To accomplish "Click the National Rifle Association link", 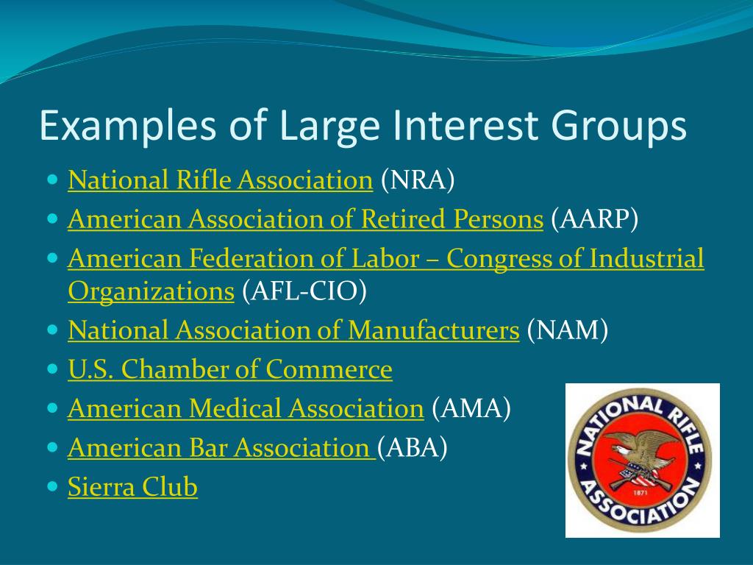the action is coord(221,180).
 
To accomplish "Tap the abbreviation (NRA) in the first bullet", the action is coord(418,180).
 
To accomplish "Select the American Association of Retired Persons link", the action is coord(305,219).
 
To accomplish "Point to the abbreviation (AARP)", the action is coord(594,219).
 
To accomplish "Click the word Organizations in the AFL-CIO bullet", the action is coord(151,291).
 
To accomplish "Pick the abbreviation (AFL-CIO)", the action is coord(304,291).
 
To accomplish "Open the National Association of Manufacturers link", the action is coord(293,330).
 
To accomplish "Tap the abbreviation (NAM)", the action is coord(568,330).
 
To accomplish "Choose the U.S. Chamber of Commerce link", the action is coord(230,369).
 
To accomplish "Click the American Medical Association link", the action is coord(246,409).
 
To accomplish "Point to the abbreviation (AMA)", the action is coord(471,409).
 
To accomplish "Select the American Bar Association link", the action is coord(221,448).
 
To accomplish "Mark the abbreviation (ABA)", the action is coord(413,448).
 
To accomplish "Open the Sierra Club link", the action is coord(132,487).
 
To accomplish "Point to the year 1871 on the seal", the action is coord(640,492).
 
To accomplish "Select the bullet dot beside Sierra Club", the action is coord(53,486).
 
